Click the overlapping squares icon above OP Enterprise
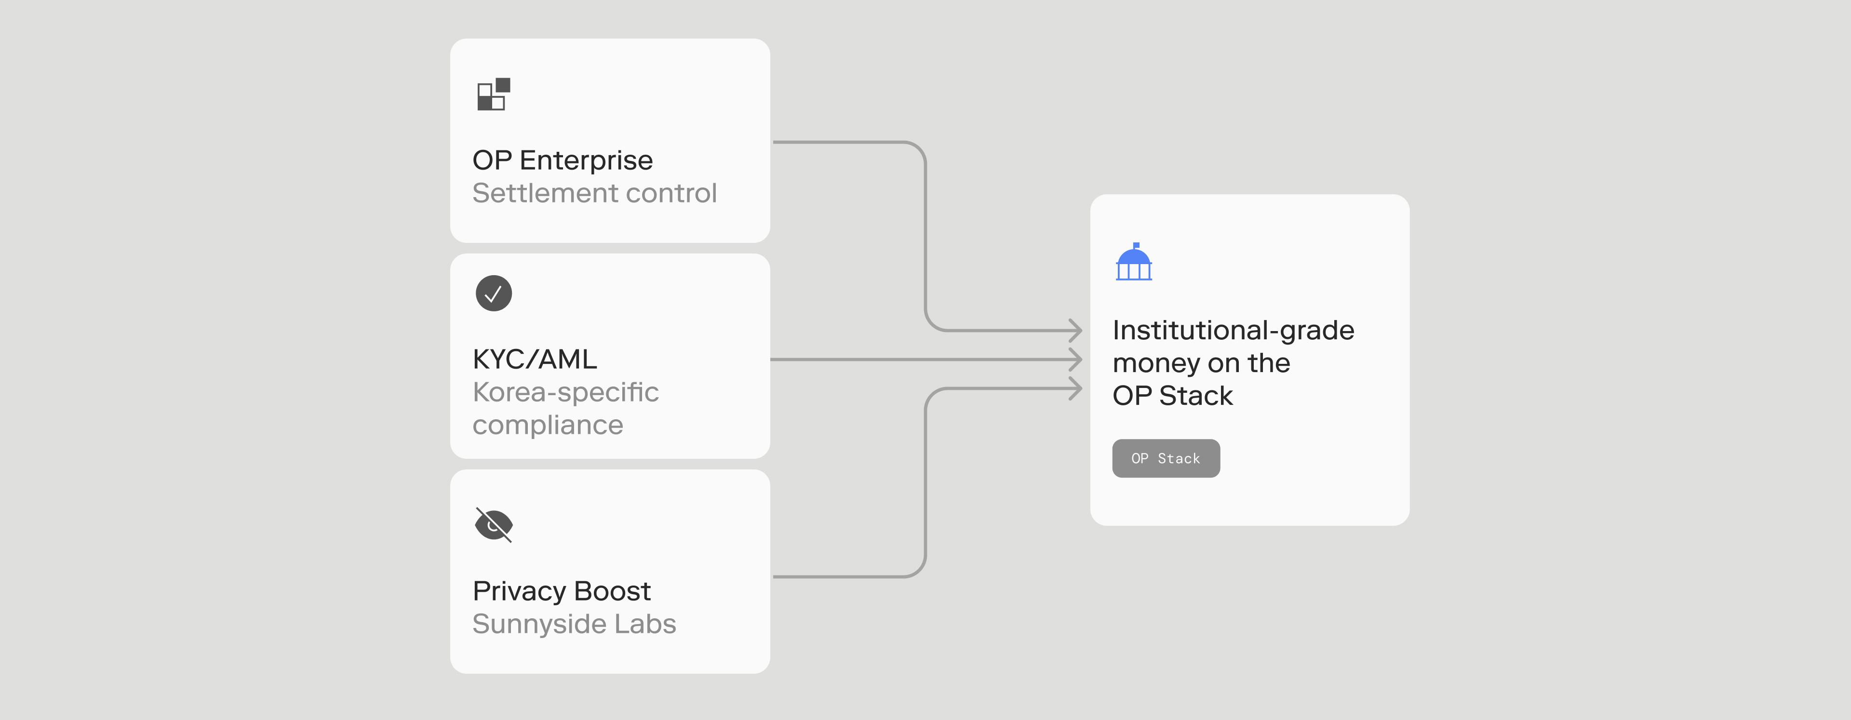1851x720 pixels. tap(494, 94)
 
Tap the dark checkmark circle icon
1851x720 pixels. tap(494, 293)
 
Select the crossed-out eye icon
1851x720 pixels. tap(494, 524)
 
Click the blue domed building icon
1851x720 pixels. tap(1134, 262)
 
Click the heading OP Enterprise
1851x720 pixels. tap(563, 160)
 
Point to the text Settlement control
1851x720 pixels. tap(594, 193)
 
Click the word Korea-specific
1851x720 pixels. tap(565, 392)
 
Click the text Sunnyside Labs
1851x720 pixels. tap(574, 624)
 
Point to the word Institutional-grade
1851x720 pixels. tap(1233, 331)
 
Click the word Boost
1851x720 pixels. tap(612, 591)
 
